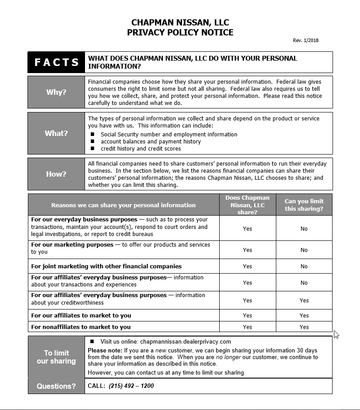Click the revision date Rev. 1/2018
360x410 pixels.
306,41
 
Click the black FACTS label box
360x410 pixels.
56,62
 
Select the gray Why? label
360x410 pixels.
56,92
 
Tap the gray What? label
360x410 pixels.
56,133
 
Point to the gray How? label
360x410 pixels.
56,174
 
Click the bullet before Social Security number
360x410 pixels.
93,134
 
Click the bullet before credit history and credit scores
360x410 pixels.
93,149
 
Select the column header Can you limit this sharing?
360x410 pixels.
304,205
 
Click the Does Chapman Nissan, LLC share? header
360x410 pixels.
247,205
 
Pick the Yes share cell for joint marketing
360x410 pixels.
247,267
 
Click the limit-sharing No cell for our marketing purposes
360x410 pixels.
304,250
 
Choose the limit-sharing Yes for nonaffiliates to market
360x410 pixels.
304,327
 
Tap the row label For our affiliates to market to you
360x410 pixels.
81,316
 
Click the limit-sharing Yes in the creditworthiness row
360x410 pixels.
304,301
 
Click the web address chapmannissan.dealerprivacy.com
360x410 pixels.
186,342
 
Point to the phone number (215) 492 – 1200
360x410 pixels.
131,386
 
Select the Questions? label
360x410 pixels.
56,386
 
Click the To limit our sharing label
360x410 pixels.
56,357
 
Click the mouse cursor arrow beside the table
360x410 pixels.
336,334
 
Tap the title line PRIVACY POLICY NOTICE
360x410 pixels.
180,32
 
